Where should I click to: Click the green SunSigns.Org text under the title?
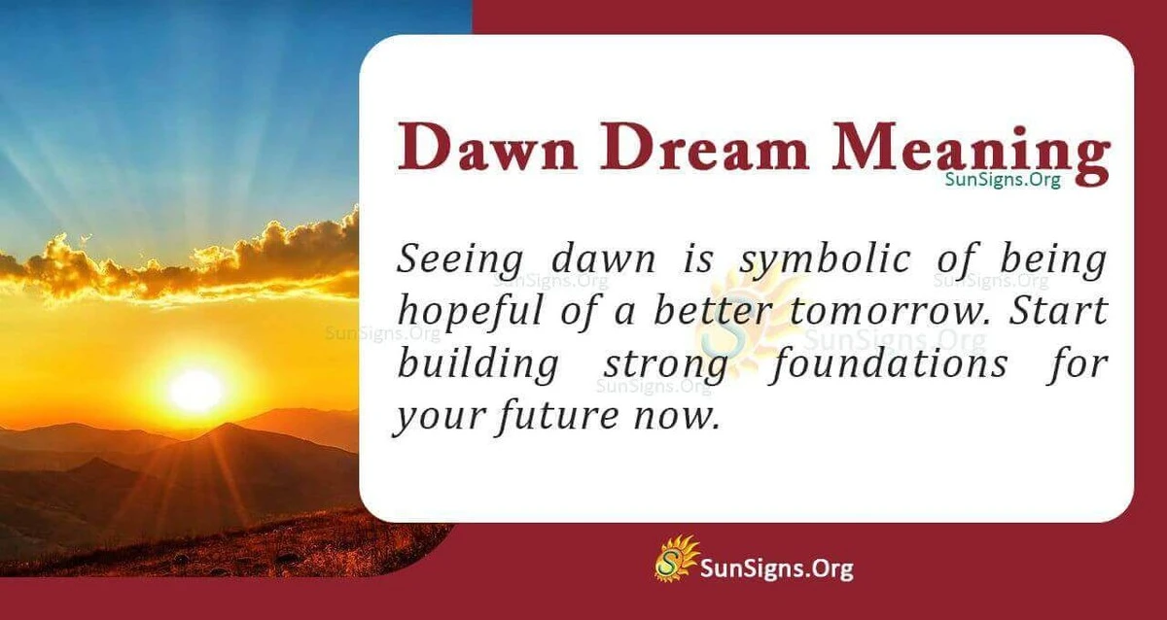tap(1003, 180)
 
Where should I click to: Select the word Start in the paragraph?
tap(1065, 311)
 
